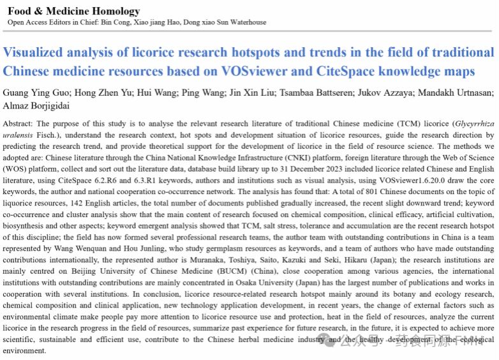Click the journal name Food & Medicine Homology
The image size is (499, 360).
click(73, 11)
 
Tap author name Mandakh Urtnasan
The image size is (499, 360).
click(458, 93)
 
